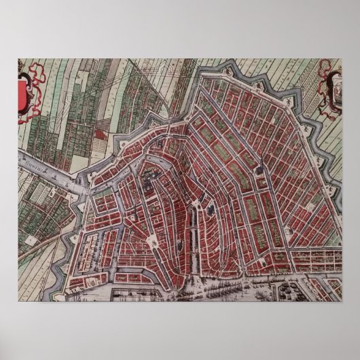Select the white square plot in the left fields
[x=31, y=240]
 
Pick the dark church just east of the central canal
[x=212, y=210]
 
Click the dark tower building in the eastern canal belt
[x=262, y=163]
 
